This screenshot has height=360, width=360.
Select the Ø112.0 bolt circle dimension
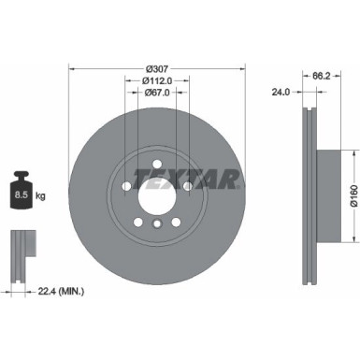coord(158,81)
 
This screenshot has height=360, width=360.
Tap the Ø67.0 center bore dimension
coord(158,94)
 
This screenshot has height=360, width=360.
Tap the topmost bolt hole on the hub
coord(157,166)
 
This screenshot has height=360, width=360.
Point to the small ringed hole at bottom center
coord(157,225)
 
